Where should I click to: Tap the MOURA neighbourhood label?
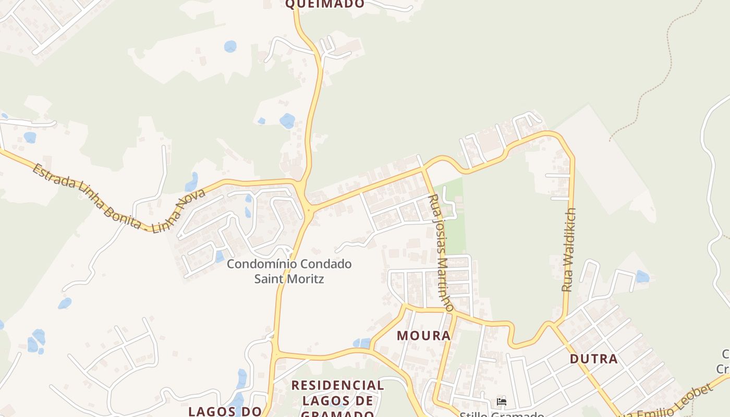point(423,335)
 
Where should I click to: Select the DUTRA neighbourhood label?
point(593,359)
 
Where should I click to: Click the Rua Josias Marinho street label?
point(441,253)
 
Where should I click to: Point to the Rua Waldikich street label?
point(569,249)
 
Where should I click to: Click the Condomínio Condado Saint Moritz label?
point(289,271)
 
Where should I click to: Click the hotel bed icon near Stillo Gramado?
point(502,402)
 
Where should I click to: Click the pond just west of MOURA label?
point(361,343)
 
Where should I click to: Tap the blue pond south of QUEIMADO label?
point(230,47)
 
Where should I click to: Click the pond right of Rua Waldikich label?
point(642,276)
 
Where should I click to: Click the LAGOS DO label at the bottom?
point(225,411)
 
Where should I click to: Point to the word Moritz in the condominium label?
point(289,279)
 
